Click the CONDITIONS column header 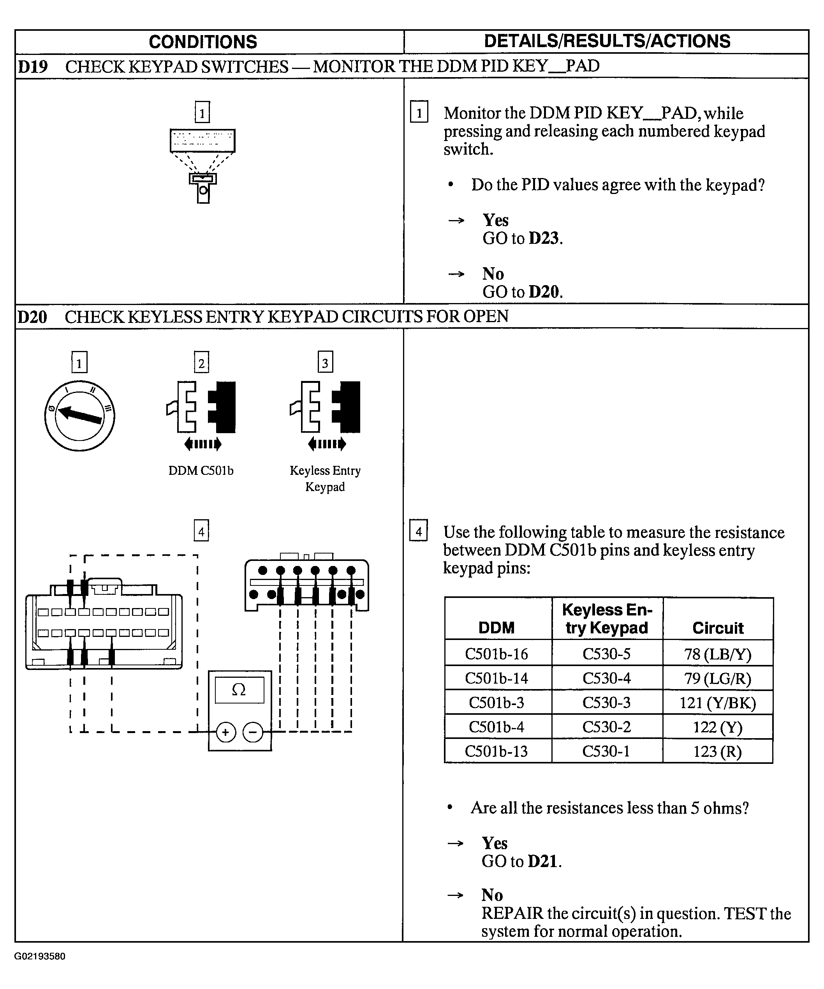point(203,42)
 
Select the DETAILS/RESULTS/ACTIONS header point(607,41)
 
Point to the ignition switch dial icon point(79,415)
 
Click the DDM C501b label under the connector point(201,471)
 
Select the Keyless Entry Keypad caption point(325,478)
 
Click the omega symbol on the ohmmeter point(239,690)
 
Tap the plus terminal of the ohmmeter point(225,732)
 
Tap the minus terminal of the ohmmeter point(253,732)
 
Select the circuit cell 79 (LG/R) point(718,678)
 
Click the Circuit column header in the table point(718,628)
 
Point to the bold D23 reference point(544,238)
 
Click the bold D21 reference point(543,861)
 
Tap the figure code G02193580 point(40,957)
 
